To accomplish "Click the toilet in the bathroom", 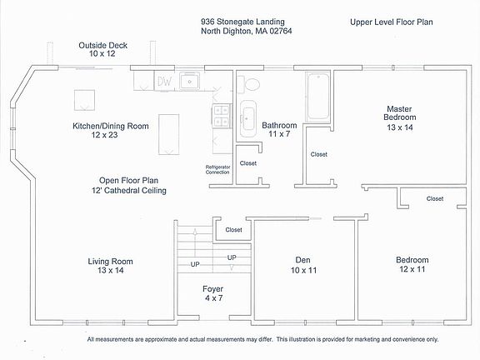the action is coord(248,84).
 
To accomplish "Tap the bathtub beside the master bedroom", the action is coord(318,97).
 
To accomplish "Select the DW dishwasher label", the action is coord(164,82).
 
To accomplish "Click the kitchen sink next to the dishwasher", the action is coord(190,81).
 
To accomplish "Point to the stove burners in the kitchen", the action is coord(222,115).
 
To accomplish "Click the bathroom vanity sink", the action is coord(247,118).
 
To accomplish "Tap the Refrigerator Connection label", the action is coord(217,170).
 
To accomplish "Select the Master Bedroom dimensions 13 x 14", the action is coord(400,127).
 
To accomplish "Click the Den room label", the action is coord(302,260).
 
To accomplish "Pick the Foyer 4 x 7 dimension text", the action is coord(213,297).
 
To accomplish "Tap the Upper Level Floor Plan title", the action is coord(391,22).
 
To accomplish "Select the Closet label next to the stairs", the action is coord(233,230).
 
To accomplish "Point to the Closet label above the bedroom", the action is coord(435,198).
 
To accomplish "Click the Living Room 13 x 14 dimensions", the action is coord(111,270).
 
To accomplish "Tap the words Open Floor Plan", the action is coord(128,180).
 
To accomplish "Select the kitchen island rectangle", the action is coord(168,135).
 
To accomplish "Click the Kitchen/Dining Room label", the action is coord(111,126).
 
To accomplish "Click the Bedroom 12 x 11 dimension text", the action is coord(412,269).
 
